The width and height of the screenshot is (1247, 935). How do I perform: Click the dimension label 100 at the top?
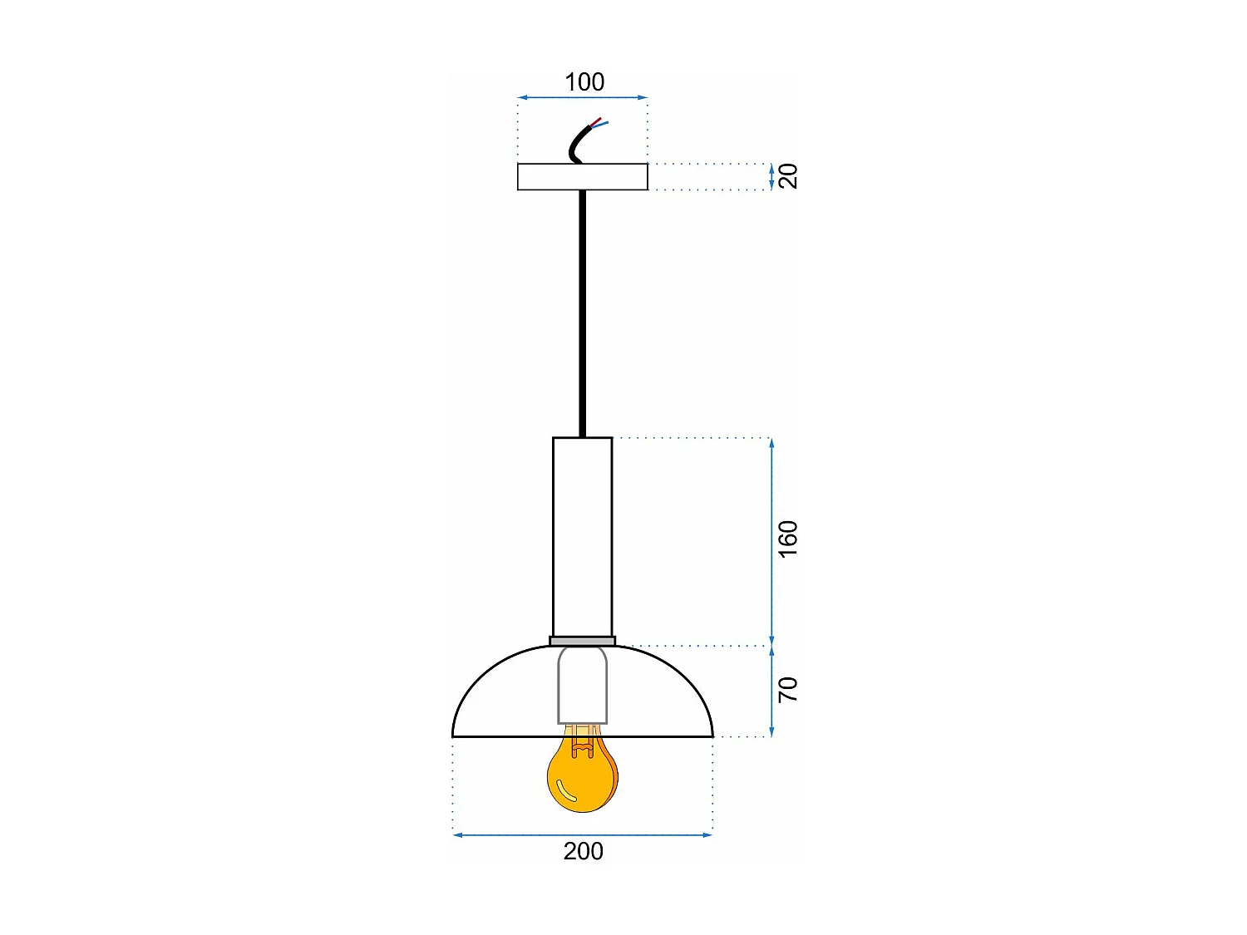pos(584,81)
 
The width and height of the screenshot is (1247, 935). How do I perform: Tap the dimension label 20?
pos(788,176)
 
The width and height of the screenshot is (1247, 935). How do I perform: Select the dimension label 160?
pos(787,539)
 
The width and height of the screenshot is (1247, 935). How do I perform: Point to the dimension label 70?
pos(787,690)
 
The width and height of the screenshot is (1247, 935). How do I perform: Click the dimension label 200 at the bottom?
pos(583,851)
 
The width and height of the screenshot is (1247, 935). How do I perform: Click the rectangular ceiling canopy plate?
pos(582,177)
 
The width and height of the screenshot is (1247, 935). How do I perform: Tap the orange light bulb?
pos(582,777)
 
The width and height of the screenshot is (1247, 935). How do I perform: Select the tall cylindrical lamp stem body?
pos(582,536)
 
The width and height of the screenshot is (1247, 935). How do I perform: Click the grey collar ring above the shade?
pos(582,641)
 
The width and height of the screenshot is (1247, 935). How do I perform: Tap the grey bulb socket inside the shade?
pos(582,686)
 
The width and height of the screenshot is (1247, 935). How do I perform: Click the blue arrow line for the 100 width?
pos(582,97)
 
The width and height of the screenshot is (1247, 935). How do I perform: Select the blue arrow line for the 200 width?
pos(582,834)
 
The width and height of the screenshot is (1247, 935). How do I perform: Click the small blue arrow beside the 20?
pos(771,177)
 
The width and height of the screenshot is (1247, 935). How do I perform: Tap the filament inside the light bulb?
pos(582,744)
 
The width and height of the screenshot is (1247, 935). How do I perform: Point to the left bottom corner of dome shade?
pos(454,736)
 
